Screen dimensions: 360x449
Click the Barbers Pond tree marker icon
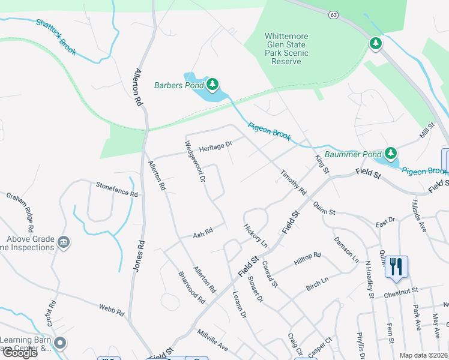(212, 85)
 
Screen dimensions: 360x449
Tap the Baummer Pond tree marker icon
(391, 154)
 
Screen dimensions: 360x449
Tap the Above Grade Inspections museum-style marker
(63, 242)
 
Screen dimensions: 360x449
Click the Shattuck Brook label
(56, 37)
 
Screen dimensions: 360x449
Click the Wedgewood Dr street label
(195, 162)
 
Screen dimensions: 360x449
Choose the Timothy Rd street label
(293, 182)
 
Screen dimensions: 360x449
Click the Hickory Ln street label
(255, 236)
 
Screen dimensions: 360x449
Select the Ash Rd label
(203, 232)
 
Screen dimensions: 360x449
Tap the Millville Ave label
(212, 340)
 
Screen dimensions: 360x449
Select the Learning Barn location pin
(59, 343)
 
